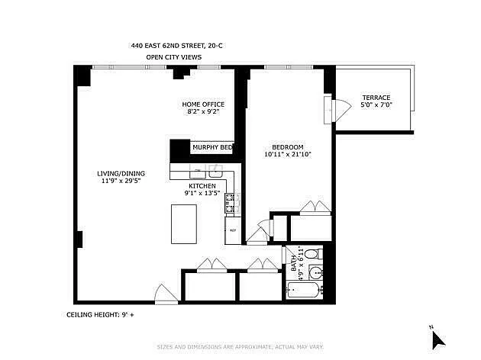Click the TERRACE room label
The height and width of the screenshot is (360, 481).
(376, 98)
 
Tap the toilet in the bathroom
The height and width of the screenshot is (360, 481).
(314, 254)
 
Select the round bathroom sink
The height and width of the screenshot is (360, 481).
(315, 272)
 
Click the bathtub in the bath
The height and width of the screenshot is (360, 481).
(303, 290)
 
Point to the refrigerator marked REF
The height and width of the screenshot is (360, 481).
(233, 230)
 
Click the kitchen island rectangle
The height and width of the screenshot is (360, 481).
(184, 224)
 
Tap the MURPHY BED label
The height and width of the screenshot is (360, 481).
(212, 148)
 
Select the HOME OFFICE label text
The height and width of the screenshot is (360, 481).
(203, 104)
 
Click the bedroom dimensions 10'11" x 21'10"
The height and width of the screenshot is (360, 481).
(288, 154)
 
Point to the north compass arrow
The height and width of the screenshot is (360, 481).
(437, 340)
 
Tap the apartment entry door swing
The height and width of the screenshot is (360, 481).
(166, 294)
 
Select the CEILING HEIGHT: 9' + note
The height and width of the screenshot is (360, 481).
(100, 315)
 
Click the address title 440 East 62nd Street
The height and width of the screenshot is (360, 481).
(176, 46)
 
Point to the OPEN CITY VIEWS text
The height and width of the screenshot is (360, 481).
(173, 57)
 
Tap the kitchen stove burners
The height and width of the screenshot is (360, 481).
(233, 204)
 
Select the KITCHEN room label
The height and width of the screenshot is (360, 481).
(202, 186)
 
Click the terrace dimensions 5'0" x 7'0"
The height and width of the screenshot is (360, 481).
(376, 105)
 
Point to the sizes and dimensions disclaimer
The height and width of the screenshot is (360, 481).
(240, 347)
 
